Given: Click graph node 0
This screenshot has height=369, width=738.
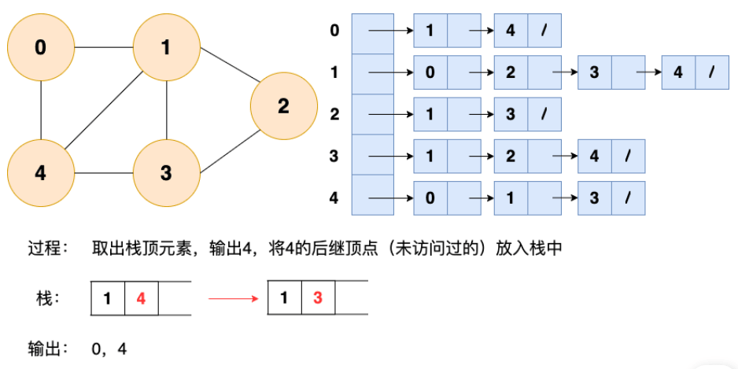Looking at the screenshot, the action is pos(41,47).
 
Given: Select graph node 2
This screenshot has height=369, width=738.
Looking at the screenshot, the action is pos(284,106).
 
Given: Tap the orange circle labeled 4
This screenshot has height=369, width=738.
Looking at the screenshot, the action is pos(41,173).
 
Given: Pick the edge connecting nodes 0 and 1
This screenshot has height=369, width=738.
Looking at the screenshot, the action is pos(104,47).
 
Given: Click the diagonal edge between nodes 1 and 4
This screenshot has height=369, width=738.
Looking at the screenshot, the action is pos(104,111).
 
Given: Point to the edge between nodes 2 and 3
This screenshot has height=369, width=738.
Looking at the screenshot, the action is pos(231,152).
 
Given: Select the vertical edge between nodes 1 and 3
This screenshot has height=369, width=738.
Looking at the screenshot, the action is pos(167,111).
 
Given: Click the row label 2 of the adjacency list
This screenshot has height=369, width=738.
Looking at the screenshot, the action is pos(334,114).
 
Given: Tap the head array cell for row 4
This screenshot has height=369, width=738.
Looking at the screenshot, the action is pos(373,195).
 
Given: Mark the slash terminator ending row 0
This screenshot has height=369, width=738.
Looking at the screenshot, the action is pos(544,31).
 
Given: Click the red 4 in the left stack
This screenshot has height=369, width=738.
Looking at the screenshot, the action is pos(141,298).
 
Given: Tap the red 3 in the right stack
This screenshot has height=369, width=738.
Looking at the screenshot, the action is pos(318,298).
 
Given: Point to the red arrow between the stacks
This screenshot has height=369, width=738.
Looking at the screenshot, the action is pos(234,298).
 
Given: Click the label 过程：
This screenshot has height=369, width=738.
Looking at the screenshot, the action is pos(48,249).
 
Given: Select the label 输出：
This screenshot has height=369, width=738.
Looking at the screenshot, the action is pos(48,349).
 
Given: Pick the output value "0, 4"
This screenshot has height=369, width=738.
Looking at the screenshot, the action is pos(109,349).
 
